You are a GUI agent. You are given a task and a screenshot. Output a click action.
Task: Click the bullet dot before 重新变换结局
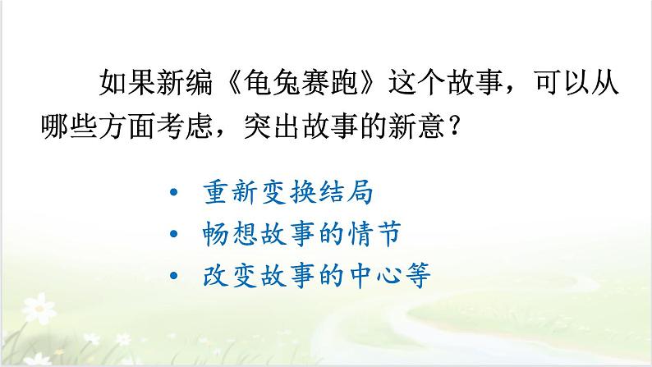coord(173,194)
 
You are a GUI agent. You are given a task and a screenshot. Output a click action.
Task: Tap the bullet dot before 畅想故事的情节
coord(173,235)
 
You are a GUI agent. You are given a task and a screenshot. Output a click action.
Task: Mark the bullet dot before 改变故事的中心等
coord(173,276)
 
